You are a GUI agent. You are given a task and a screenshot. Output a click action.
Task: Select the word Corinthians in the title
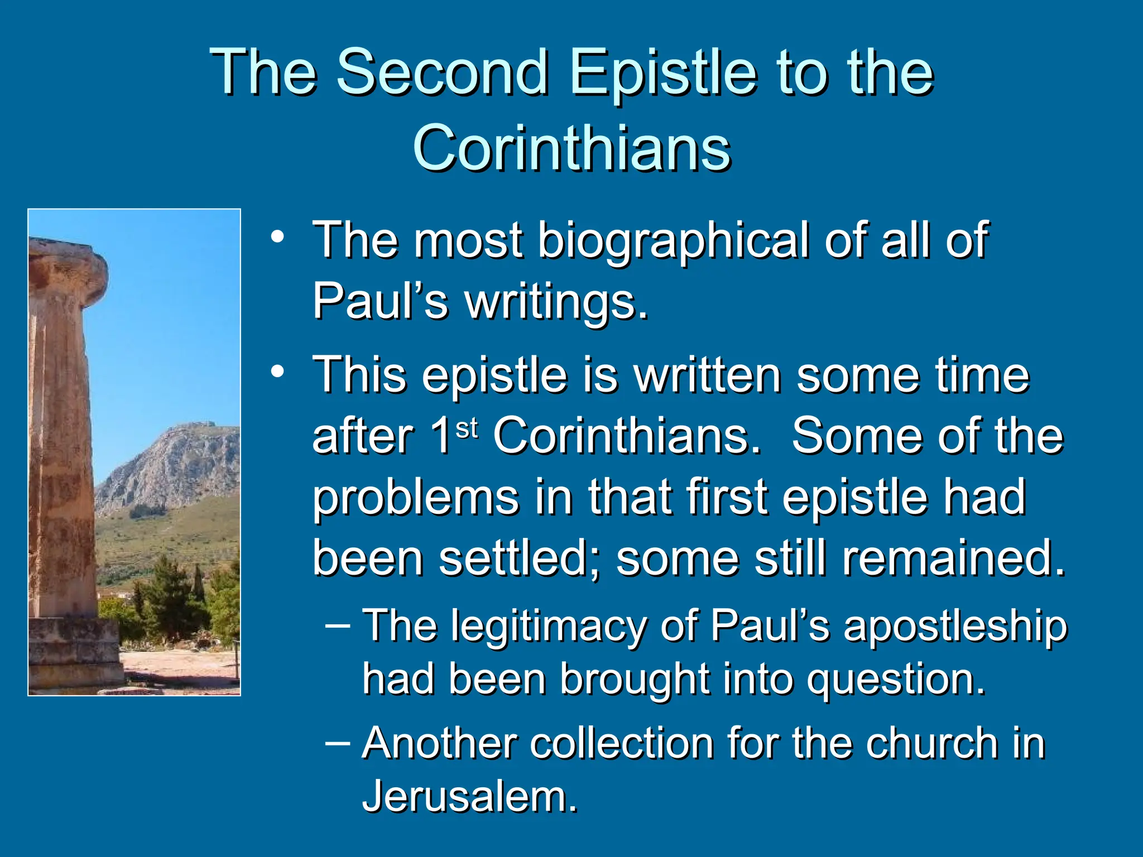[571, 148]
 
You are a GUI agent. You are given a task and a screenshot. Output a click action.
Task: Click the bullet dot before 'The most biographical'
[277, 237]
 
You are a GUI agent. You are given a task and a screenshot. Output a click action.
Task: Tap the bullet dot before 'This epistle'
[277, 372]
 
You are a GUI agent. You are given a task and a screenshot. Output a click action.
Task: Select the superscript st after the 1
[467, 429]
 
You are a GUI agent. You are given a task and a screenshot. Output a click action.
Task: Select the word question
[895, 681]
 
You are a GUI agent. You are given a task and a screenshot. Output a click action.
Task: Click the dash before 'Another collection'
[338, 743]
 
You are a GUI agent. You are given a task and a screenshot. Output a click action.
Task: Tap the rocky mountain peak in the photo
[193, 430]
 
